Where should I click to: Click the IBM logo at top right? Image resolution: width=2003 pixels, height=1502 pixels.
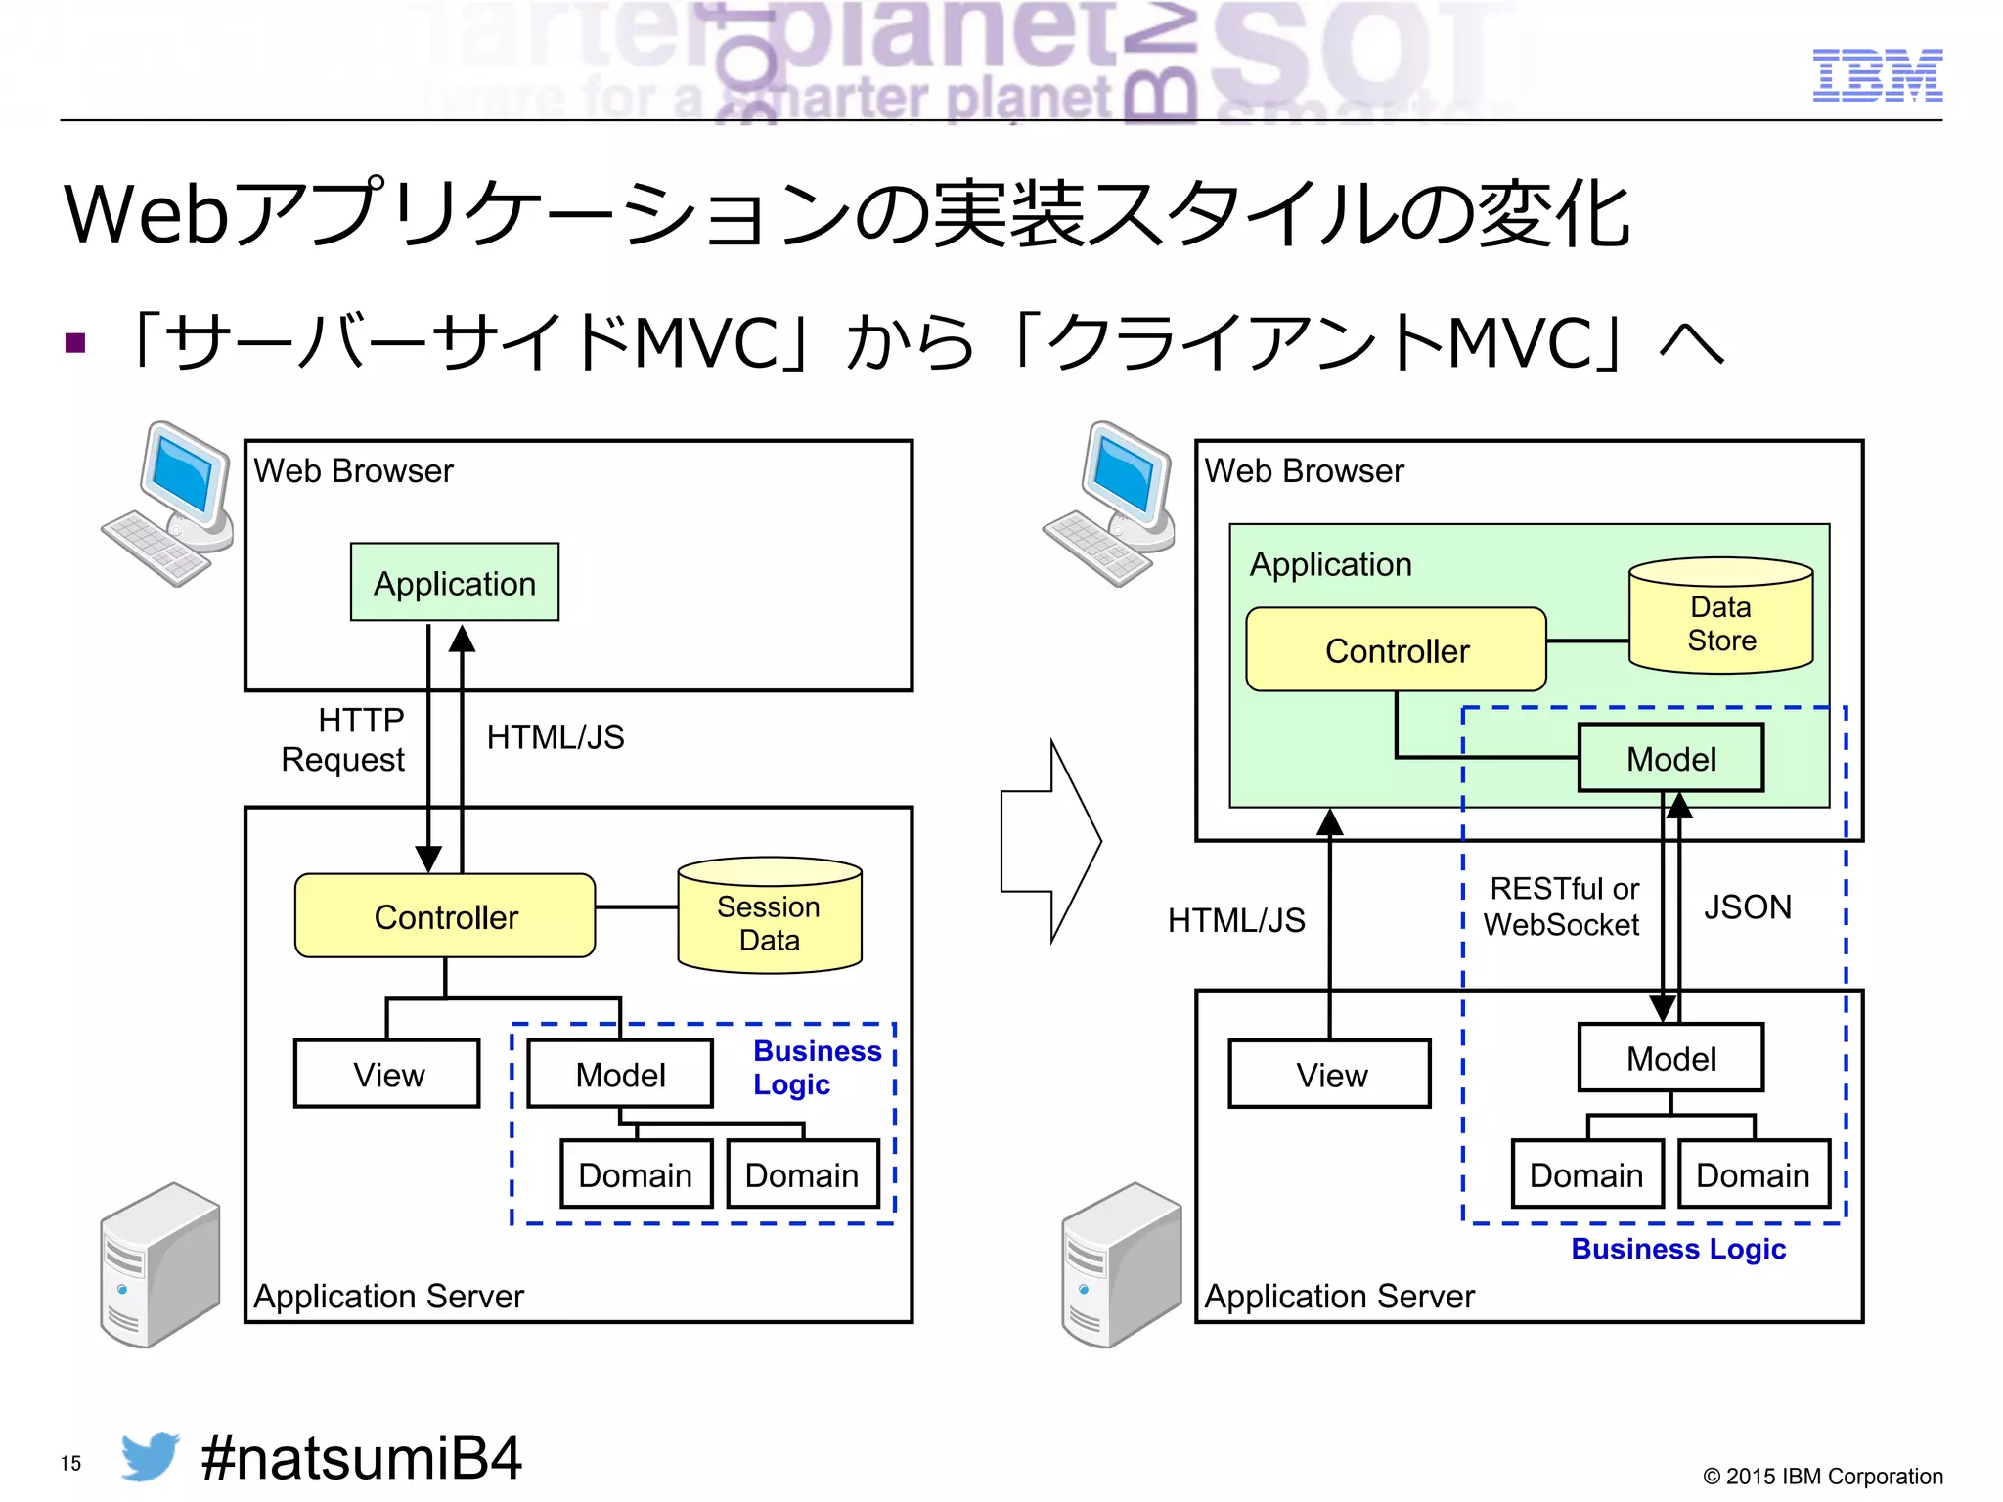(1877, 75)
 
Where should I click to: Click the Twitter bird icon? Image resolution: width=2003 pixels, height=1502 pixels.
(150, 1456)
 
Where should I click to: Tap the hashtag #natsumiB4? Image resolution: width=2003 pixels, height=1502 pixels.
(361, 1458)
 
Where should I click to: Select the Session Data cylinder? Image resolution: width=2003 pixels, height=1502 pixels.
(770, 916)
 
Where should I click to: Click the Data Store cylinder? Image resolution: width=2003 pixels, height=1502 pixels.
(1720, 617)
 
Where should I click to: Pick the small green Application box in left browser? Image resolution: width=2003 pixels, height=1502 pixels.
(455, 583)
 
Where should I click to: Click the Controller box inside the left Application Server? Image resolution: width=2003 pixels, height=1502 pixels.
(445, 916)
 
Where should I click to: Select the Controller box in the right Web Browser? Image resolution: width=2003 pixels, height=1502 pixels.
(1396, 650)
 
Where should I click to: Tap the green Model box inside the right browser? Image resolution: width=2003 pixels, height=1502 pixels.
(1670, 759)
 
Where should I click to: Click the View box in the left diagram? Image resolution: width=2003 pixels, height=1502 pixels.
(387, 1075)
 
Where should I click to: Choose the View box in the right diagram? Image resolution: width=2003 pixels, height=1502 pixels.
(1330, 1075)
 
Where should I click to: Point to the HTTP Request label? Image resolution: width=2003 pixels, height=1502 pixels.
(344, 740)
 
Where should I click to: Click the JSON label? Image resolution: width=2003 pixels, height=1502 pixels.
(1747, 907)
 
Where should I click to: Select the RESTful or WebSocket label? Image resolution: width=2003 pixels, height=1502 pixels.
(1562, 906)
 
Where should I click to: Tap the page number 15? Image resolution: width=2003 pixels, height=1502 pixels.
(70, 1464)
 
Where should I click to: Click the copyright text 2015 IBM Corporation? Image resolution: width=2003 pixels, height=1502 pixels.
(1823, 1477)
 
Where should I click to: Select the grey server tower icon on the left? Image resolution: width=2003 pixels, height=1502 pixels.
(160, 1265)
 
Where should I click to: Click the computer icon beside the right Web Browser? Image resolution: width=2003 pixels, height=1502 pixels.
(1111, 505)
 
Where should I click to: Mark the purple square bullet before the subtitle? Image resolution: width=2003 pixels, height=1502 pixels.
(75, 343)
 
